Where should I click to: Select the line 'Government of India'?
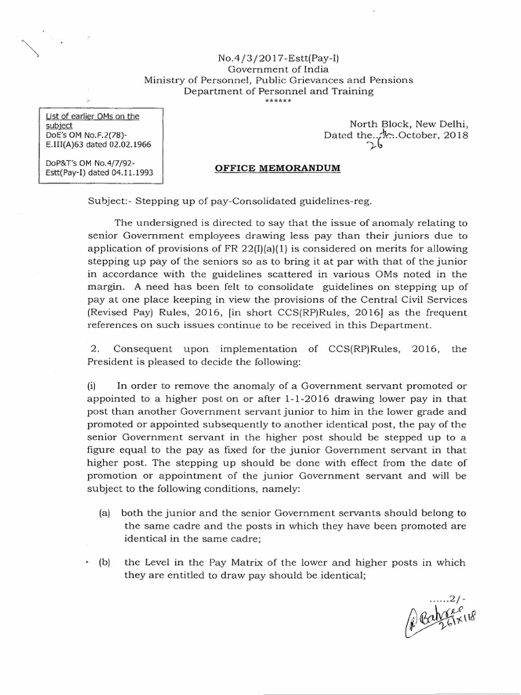pyautogui.click(x=279, y=69)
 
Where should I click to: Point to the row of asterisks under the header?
pyautogui.click(x=278, y=101)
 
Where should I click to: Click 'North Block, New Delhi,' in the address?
pyautogui.click(x=408, y=124)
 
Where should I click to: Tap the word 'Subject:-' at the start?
pyautogui.click(x=110, y=203)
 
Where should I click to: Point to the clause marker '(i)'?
pyautogui.click(x=93, y=385)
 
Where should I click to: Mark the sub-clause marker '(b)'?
pyautogui.click(x=105, y=563)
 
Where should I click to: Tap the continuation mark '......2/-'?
pyautogui.click(x=448, y=599)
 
